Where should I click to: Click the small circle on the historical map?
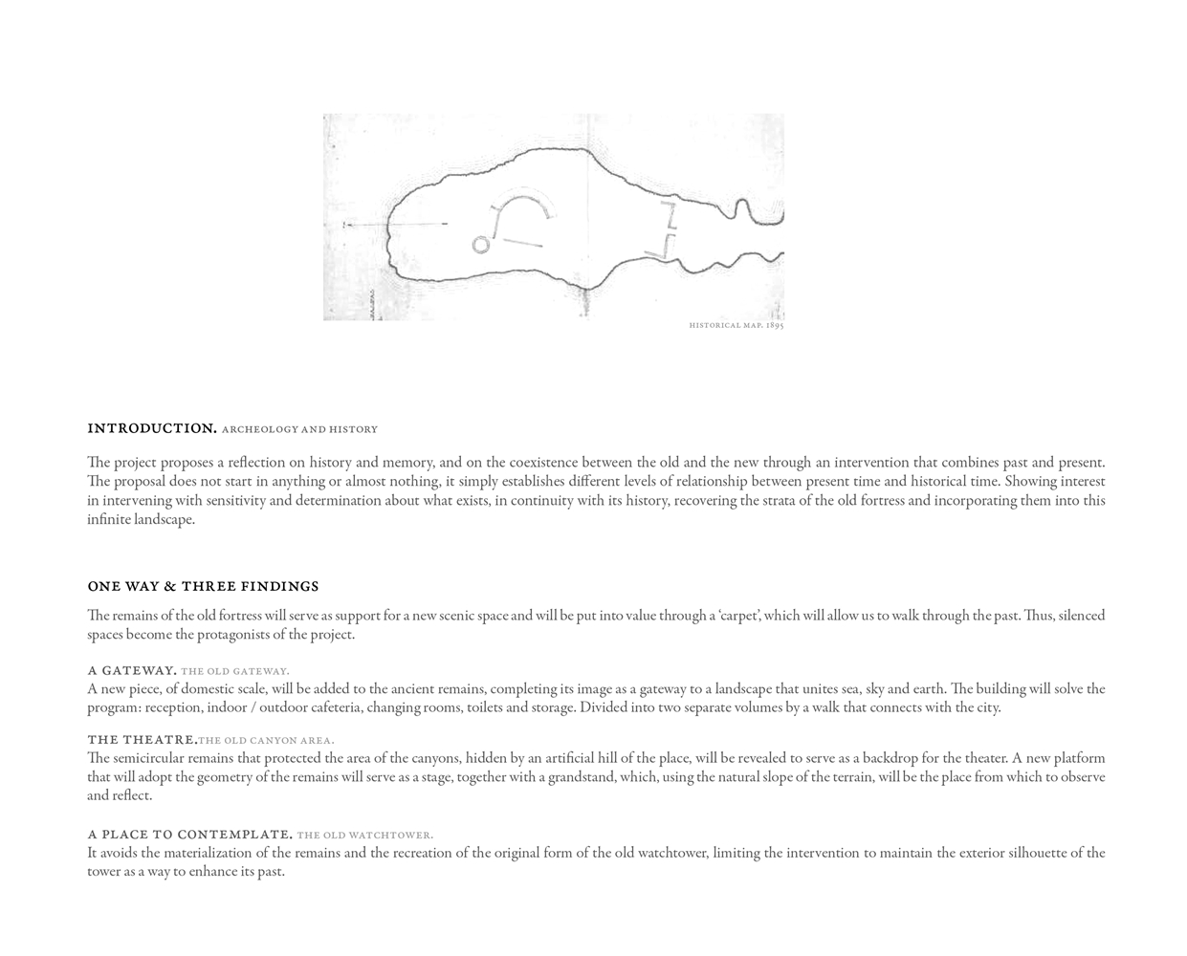click(480, 245)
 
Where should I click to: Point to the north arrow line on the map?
click(395, 225)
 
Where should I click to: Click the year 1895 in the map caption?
click(775, 326)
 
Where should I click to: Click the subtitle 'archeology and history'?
click(299, 429)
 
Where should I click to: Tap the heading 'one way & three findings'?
click(203, 586)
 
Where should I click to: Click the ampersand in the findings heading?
click(170, 586)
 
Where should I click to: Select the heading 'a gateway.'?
click(132, 670)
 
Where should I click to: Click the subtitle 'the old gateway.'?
click(235, 671)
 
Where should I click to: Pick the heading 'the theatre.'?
click(142, 739)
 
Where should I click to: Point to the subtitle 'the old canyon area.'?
click(266, 740)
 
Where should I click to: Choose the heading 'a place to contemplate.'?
click(189, 834)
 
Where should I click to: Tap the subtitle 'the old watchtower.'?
click(364, 835)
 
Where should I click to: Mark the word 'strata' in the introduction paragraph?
click(780, 500)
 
